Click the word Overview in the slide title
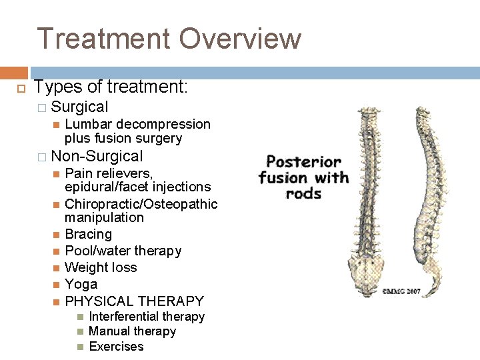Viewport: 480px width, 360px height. point(240,39)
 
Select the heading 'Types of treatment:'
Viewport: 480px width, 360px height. point(111,87)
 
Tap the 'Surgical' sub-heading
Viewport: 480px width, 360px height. point(79,107)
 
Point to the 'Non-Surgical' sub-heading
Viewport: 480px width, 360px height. point(97,157)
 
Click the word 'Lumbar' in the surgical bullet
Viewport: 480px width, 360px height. point(87,124)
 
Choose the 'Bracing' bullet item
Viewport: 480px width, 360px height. point(88,234)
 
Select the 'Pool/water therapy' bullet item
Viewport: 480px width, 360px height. point(123,251)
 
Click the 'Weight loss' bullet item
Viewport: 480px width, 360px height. point(101,267)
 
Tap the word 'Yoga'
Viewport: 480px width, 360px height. point(81,284)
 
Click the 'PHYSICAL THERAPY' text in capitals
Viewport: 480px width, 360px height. point(134,301)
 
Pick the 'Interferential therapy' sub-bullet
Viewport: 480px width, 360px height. point(147,317)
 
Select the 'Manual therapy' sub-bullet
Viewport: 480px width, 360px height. point(132,331)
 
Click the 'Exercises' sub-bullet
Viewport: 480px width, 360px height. point(116,347)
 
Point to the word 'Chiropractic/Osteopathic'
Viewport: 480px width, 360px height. point(141,203)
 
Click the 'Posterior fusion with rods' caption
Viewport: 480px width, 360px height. point(303,177)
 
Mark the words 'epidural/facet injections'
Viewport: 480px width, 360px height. point(137,187)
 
